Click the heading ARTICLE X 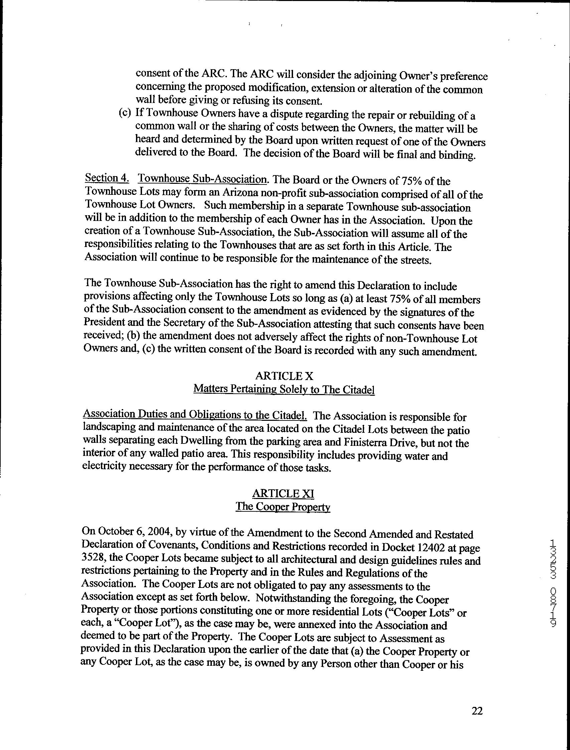pyautogui.click(x=284, y=376)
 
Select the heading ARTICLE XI pyautogui.click(x=284, y=493)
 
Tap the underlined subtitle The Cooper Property pyautogui.click(x=283, y=507)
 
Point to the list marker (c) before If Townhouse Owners pyautogui.click(x=125, y=113)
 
